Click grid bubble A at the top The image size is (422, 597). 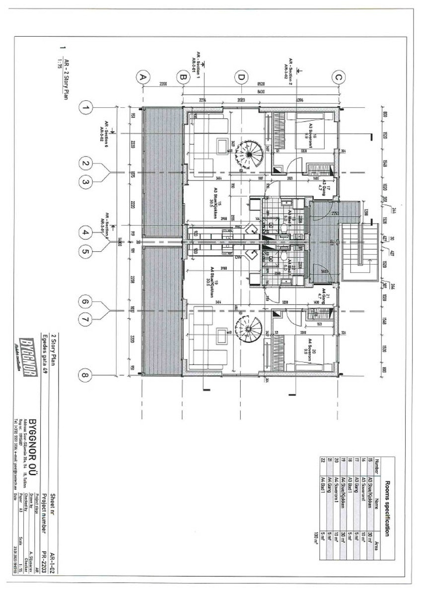(x=143, y=77)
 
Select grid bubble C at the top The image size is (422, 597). (x=340, y=77)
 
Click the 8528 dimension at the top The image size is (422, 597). (x=260, y=84)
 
